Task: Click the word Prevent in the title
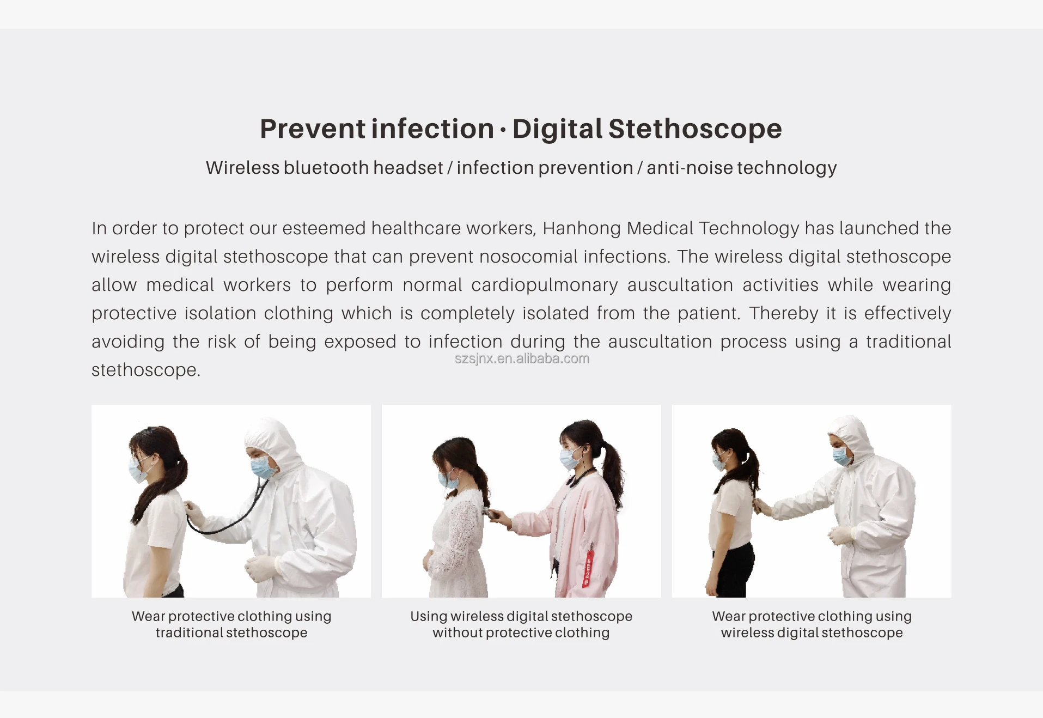point(313,129)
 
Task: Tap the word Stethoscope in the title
point(695,129)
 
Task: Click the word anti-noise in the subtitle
point(690,168)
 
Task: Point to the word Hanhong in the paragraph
point(582,228)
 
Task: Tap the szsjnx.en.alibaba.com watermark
point(522,358)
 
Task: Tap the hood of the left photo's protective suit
point(272,436)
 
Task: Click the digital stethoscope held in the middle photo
point(490,512)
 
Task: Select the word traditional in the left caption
point(192,633)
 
